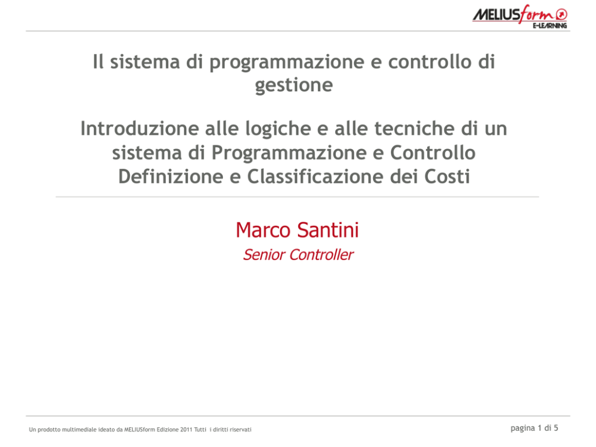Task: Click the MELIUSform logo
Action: (520, 17)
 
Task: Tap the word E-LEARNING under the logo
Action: (550, 25)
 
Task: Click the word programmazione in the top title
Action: (287, 62)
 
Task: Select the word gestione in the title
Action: (294, 85)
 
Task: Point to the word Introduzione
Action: (139, 128)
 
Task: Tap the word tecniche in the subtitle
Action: (415, 128)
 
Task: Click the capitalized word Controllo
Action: (433, 153)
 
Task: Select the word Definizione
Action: (171, 177)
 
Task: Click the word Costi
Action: (448, 177)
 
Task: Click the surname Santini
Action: (327, 230)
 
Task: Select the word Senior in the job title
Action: (264, 255)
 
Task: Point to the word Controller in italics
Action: (321, 255)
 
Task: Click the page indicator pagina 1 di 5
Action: (535, 428)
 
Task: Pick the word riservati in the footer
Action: (240, 430)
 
